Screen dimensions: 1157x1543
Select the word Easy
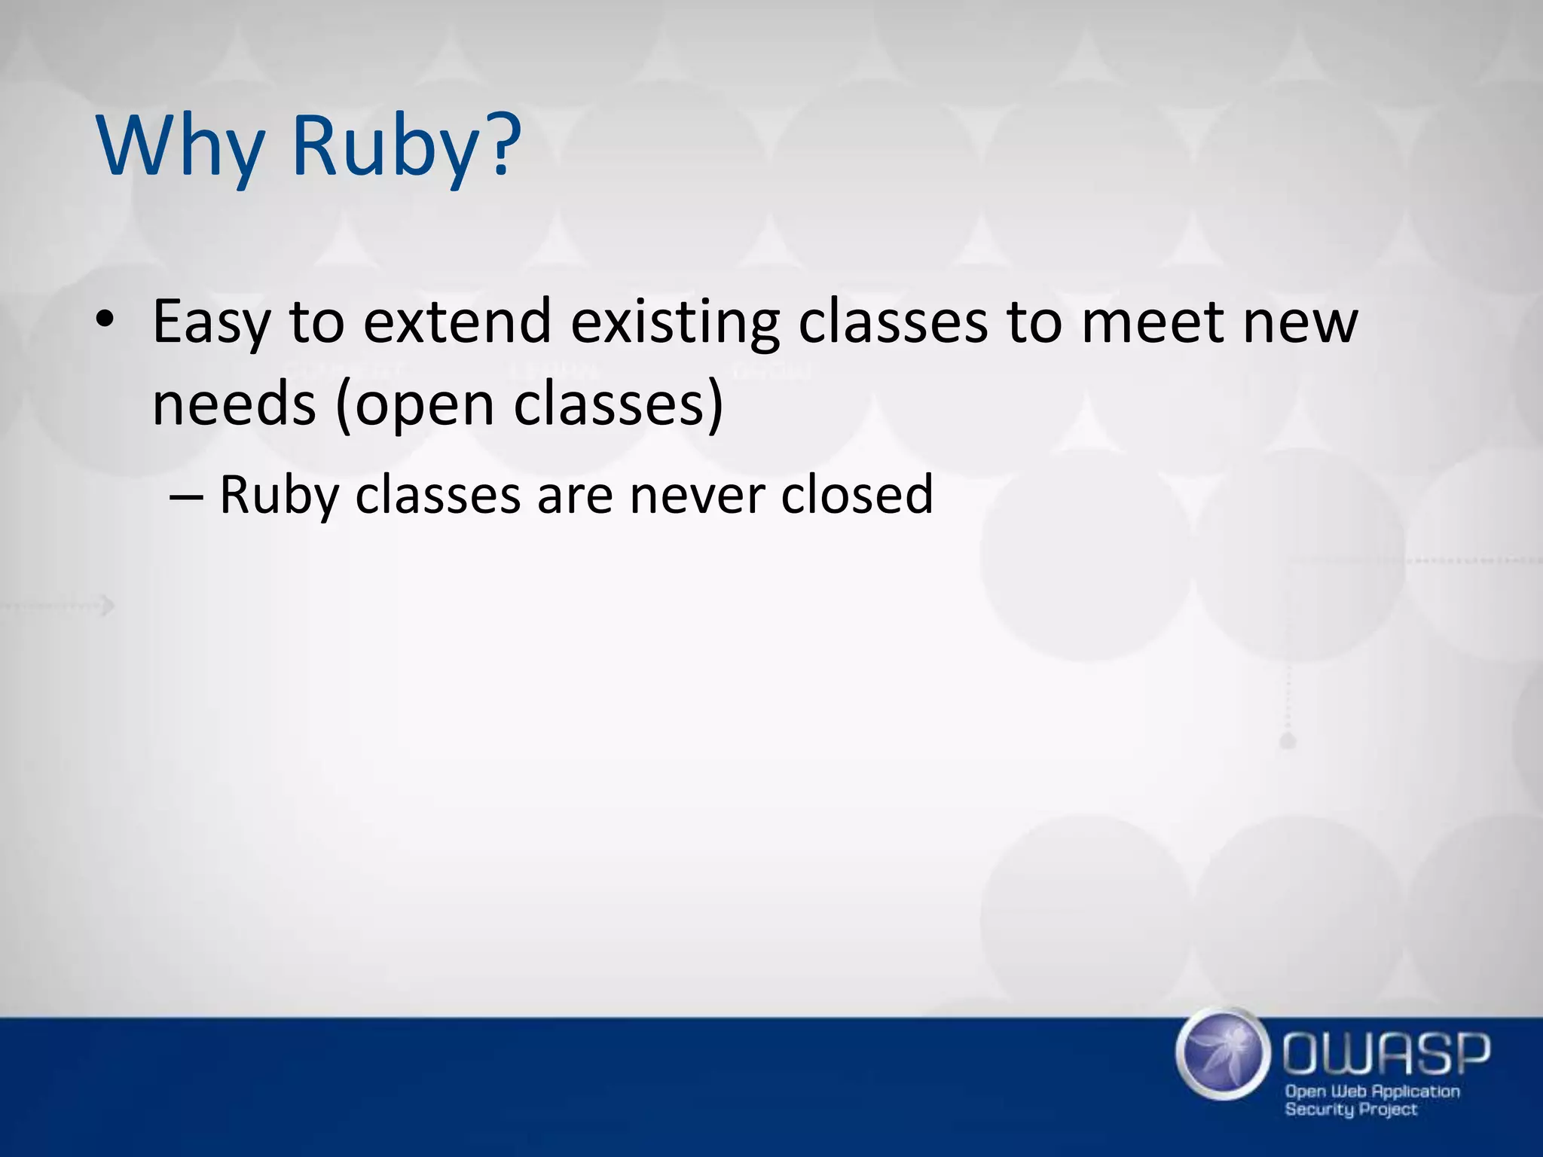pyautogui.click(x=210, y=322)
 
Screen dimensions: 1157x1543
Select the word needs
pyautogui.click(x=234, y=404)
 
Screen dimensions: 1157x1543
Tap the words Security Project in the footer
pyautogui.click(x=1350, y=1110)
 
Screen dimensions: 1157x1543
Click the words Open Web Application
pyautogui.click(x=1372, y=1091)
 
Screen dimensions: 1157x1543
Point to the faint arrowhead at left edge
pyautogui.click(x=109, y=605)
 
